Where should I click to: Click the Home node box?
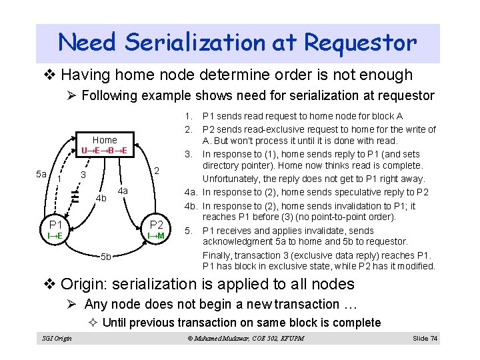(105, 145)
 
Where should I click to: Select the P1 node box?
(55, 229)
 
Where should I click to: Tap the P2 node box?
(157, 229)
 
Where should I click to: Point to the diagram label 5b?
(106, 257)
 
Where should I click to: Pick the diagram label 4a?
(122, 191)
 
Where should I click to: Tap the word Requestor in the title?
(361, 43)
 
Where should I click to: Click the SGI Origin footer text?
(57, 339)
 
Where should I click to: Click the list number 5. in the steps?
(189, 231)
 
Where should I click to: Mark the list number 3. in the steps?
(189, 154)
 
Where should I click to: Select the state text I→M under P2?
(157, 235)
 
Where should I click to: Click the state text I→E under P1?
(55, 235)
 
